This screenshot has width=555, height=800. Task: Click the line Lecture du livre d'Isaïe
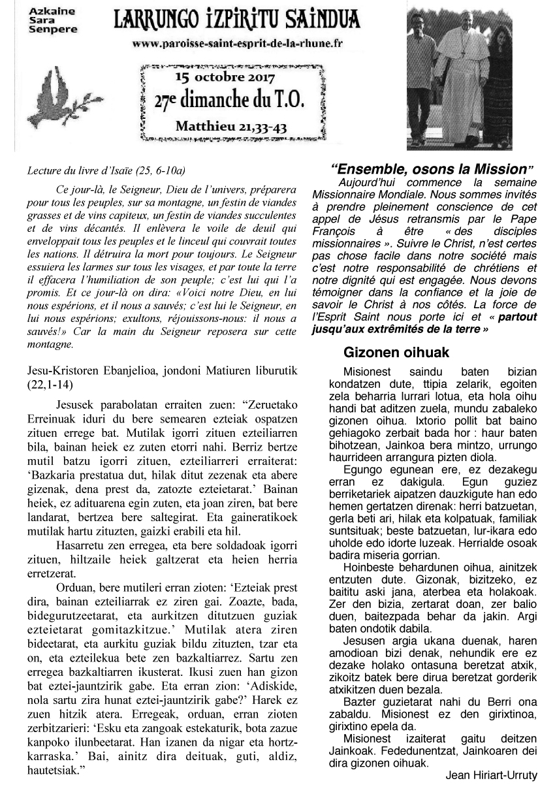(x=106, y=172)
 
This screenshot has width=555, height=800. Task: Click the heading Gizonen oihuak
(x=396, y=353)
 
